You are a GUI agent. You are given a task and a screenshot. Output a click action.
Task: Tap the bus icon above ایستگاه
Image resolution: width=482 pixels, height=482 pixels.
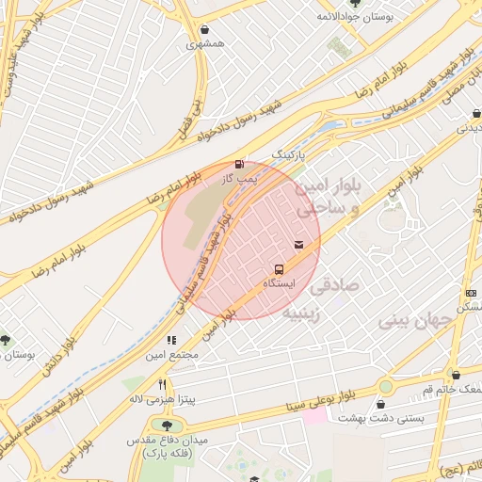278,270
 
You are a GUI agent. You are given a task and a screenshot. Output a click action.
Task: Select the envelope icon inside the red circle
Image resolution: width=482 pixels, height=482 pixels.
298,245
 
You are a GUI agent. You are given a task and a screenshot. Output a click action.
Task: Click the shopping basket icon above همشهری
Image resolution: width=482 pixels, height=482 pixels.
206,30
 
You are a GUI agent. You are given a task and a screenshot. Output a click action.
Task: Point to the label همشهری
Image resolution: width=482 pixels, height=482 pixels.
205,44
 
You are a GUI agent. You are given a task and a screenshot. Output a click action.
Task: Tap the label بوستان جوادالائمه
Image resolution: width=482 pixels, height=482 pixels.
353,17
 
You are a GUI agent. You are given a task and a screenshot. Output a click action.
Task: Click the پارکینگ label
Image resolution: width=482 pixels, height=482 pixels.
289,152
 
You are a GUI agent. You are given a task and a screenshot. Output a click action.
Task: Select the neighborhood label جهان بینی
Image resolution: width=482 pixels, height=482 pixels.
415,321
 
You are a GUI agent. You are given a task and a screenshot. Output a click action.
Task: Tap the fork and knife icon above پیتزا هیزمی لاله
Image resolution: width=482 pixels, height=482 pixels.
163,384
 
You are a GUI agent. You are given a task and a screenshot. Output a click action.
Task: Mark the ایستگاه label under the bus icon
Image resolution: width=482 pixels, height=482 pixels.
279,283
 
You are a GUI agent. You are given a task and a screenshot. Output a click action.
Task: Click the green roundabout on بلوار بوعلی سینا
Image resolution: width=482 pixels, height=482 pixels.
385,386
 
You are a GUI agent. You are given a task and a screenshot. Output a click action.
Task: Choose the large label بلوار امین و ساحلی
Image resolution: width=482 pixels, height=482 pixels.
328,200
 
